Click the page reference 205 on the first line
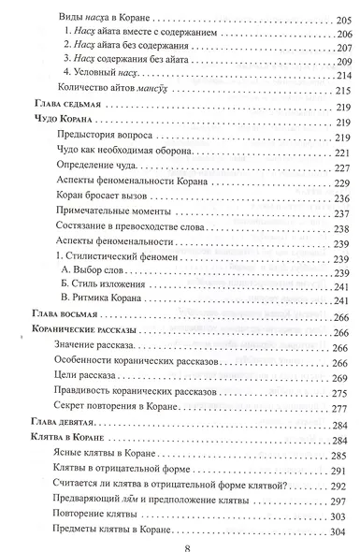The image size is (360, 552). click(338, 17)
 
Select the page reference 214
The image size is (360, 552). click(338, 75)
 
